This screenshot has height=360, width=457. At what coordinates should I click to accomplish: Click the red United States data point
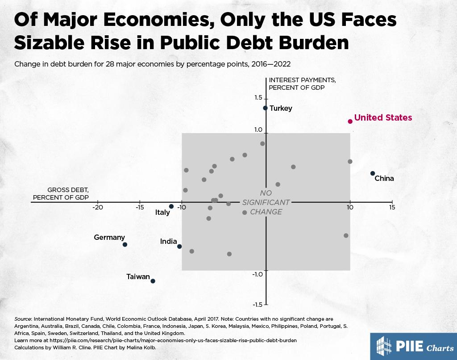350,121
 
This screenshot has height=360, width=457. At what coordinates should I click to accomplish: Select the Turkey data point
266,108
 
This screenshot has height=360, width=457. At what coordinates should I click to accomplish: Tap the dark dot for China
373,173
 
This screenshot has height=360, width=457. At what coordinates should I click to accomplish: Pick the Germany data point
125,244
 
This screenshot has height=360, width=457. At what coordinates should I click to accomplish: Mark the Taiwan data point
153,281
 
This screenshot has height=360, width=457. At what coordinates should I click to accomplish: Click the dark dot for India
179,247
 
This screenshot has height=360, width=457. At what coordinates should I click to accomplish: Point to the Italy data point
171,206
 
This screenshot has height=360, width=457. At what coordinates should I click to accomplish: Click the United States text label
383,118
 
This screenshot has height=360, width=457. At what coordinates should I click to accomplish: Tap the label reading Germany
109,238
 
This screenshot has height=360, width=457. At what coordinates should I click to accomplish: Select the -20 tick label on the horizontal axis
97,208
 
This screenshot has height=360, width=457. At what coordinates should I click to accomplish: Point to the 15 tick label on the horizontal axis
392,208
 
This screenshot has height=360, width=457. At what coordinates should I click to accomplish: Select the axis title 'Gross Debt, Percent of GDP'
61,193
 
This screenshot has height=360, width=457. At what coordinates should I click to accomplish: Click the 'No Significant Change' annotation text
266,202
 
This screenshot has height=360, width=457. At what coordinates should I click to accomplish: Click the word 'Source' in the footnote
23,319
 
